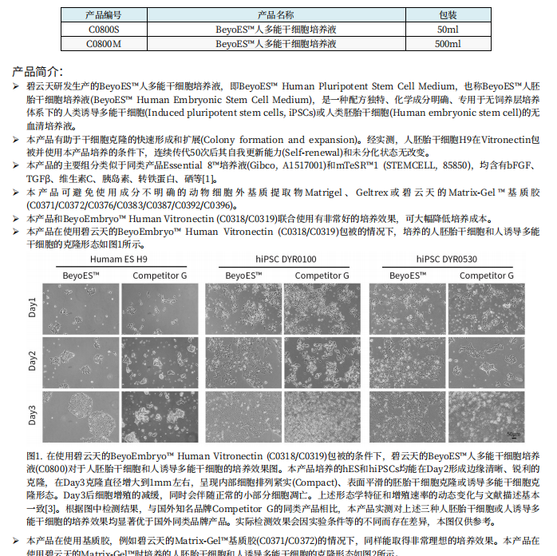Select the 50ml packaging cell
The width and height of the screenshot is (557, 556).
point(448,30)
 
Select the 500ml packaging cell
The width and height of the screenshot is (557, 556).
point(448,44)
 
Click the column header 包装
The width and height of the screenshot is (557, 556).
point(448,15)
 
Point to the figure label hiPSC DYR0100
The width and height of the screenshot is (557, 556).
point(286,260)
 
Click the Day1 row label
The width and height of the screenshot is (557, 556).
point(34,307)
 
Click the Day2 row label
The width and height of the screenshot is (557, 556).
point(34,361)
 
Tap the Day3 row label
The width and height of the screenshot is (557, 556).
point(34,415)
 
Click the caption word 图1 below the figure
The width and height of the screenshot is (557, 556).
point(37,455)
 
